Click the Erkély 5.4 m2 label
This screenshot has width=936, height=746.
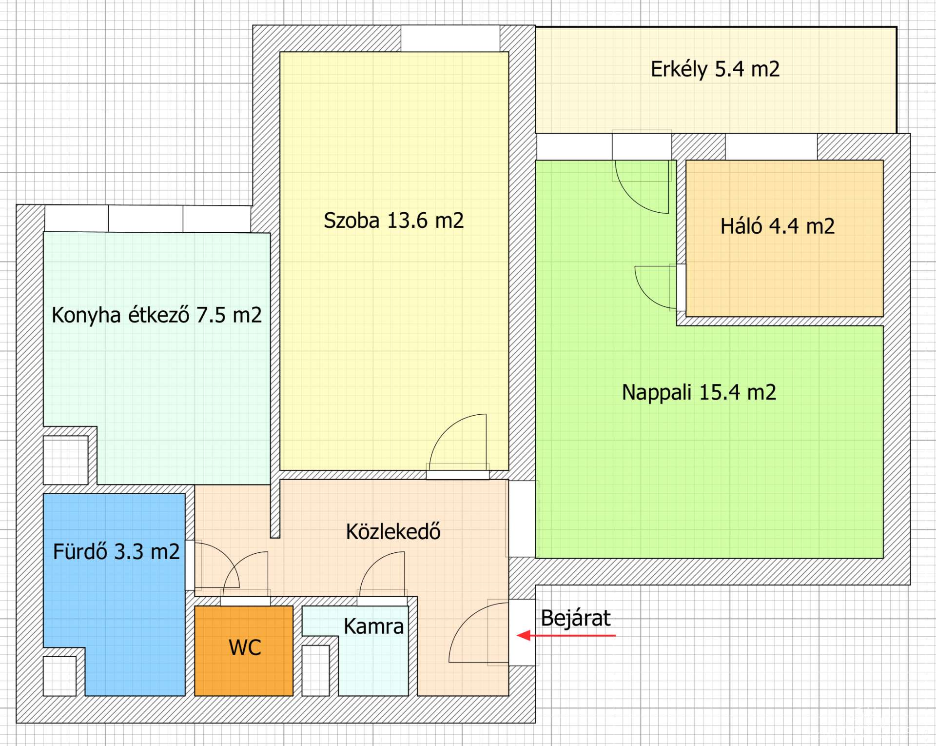coord(715,69)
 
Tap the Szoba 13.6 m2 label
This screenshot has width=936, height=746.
coord(393,221)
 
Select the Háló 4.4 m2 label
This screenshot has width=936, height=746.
coord(778,226)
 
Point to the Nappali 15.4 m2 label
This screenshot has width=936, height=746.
coord(699,393)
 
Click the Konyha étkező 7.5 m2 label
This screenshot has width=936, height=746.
coord(156,315)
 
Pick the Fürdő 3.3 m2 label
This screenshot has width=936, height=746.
coord(117,552)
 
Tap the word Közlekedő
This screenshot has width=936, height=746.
coord(393,531)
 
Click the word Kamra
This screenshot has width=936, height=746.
coord(373,626)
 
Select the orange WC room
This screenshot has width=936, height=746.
coord(244,651)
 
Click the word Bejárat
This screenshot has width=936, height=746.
coord(576,619)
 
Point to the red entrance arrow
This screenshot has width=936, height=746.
coord(566,635)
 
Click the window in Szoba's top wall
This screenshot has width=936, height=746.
coord(450,39)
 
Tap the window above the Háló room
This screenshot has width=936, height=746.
coord(771,147)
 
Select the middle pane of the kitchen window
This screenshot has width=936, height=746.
coord(146,219)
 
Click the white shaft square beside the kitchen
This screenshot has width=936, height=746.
coord(66,460)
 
